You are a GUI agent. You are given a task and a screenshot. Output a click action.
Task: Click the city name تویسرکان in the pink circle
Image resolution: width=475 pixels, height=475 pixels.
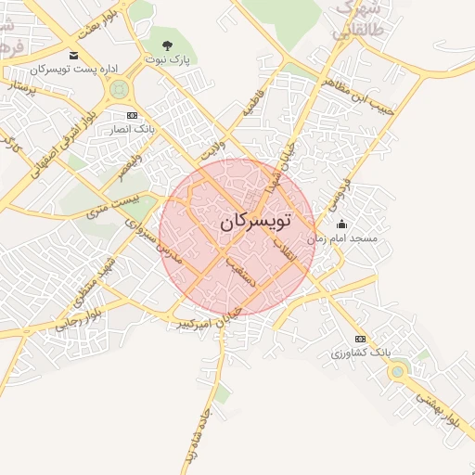tap(256, 223)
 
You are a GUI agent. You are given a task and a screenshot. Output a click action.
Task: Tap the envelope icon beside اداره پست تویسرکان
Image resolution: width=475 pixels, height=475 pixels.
tap(74, 55)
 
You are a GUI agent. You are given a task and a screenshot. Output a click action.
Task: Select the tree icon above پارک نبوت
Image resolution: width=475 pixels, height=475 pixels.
tap(167, 45)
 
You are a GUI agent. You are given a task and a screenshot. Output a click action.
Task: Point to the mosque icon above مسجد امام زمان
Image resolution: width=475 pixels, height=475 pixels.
tap(341, 224)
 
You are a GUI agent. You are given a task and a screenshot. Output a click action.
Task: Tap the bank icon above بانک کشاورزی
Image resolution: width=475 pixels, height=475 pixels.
tap(361, 339)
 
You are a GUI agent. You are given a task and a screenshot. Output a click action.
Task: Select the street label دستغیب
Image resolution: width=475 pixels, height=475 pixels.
tap(250, 273)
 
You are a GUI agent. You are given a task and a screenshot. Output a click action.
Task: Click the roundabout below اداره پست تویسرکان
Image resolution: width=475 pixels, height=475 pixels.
tap(118, 90)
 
